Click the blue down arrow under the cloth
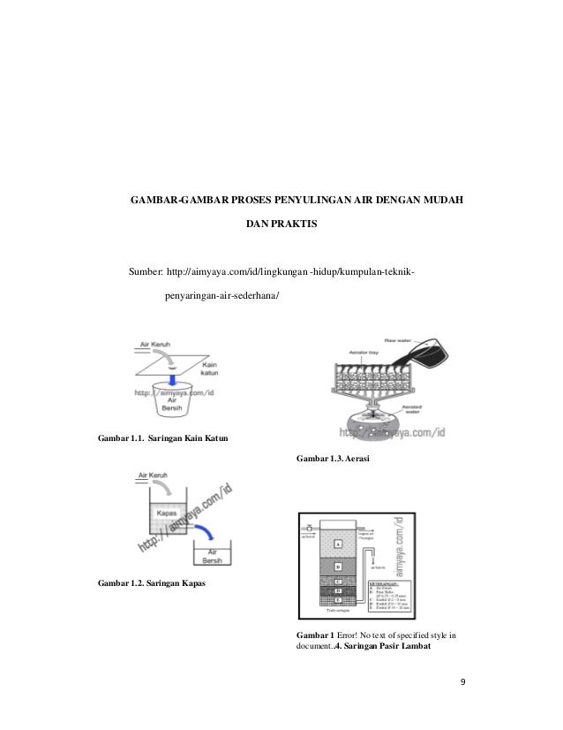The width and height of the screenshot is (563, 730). [x=174, y=376]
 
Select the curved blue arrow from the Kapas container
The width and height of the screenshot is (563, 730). [x=204, y=528]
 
